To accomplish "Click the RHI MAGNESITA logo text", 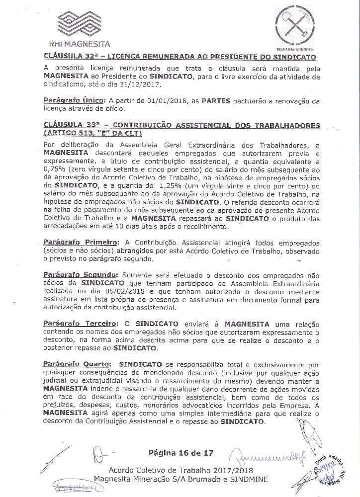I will pyautogui.click(x=84, y=43).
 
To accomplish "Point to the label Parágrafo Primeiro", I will pyautogui.click(x=79, y=242).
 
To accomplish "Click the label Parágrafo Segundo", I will pyautogui.click(x=80, y=274).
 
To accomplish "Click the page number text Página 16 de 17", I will pyautogui.click(x=180, y=453).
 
